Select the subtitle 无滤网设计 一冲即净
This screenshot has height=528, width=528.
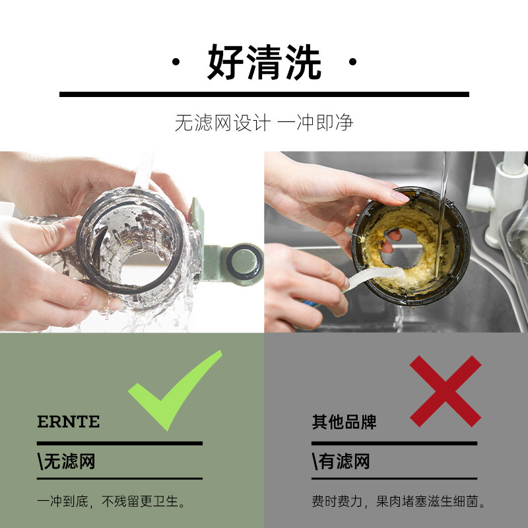click(x=264, y=123)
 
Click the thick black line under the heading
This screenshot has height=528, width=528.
click(x=264, y=94)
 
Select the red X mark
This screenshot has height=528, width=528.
click(x=445, y=390)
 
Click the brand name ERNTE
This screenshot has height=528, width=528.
click(x=69, y=422)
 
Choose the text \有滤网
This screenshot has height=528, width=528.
click(x=341, y=461)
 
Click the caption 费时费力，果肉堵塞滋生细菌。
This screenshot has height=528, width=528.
click(x=399, y=502)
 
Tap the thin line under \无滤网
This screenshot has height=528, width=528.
click(x=119, y=478)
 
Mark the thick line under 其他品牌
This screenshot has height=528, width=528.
click(x=394, y=443)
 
